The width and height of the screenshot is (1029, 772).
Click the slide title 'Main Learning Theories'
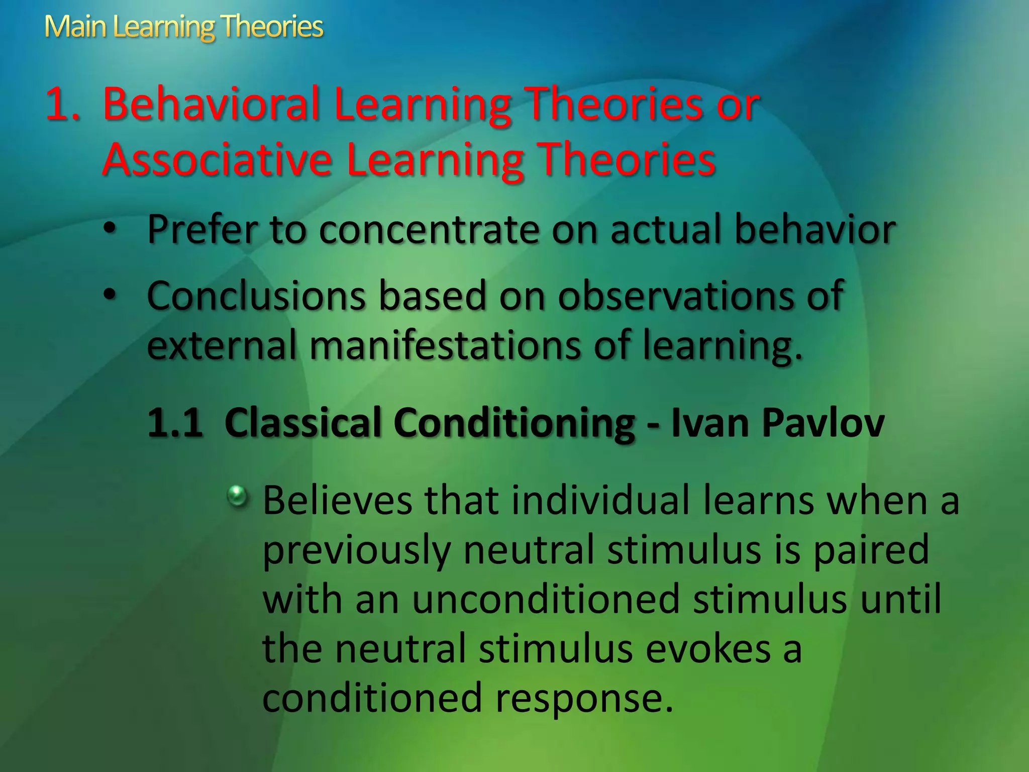coord(183,27)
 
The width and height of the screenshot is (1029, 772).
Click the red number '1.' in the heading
coord(62,105)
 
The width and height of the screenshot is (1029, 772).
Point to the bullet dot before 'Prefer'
coord(110,229)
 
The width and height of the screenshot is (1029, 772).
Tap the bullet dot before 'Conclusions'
coord(110,295)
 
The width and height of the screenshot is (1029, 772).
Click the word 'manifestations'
coord(445,345)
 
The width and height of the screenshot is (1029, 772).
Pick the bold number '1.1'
coord(175,423)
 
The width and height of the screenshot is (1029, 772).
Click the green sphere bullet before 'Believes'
coord(237,497)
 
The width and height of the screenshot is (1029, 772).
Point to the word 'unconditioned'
coord(546,599)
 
